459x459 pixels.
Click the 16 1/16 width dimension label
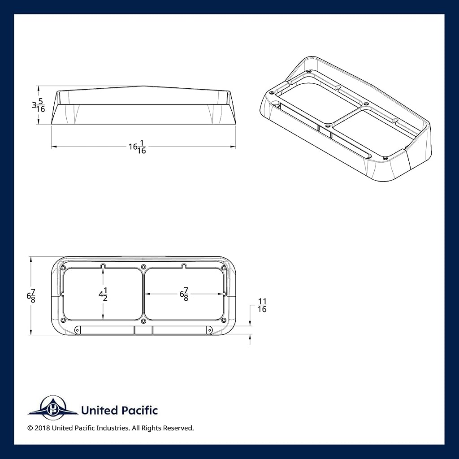tap(137, 147)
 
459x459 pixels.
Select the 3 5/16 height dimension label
tap(39, 105)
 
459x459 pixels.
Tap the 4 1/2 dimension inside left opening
tap(103, 294)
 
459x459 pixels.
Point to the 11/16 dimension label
tap(262, 305)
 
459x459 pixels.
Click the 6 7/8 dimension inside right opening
tap(184, 294)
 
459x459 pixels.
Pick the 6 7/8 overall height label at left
tap(31, 296)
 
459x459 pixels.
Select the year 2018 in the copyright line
tap(42, 428)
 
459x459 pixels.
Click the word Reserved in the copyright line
tap(178, 428)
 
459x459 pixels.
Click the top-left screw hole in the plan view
tap(63, 268)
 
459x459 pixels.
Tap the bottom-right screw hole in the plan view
tap(224, 320)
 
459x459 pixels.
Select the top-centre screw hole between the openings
tap(143, 267)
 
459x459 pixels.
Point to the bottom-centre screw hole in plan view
tap(143, 321)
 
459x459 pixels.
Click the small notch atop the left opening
tap(103, 266)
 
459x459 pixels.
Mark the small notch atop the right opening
tap(184, 266)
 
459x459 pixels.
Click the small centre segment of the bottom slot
tap(143, 330)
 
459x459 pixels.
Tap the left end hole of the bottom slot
tap(77, 330)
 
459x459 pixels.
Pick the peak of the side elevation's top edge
tap(143, 86)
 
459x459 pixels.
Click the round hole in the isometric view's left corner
tap(276, 104)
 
